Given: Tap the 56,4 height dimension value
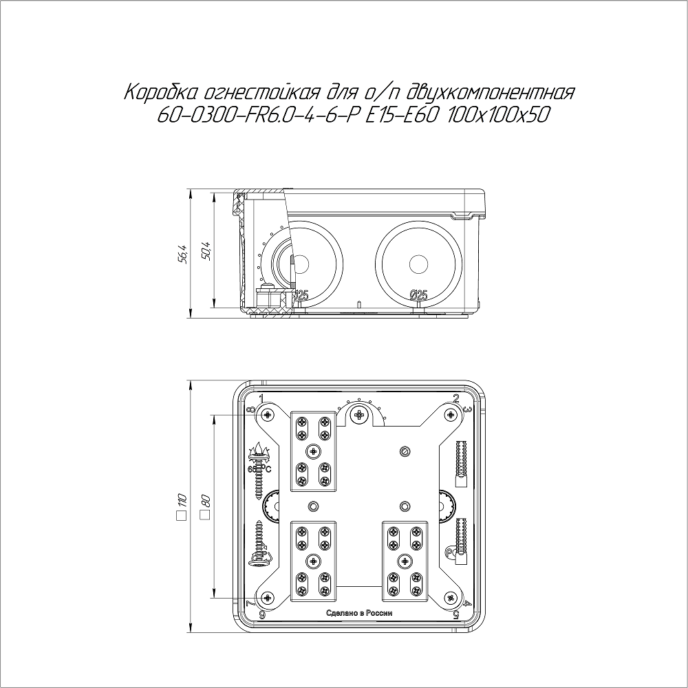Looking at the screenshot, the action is point(183,255).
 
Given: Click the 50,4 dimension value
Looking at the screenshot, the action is point(206,251).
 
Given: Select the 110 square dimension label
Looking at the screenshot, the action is point(182,507).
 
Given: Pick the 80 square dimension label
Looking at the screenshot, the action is point(205,507).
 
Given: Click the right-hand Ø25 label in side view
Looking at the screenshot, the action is point(418,295).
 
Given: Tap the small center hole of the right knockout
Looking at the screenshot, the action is point(418,265).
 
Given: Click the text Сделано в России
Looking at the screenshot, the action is point(359,613).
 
